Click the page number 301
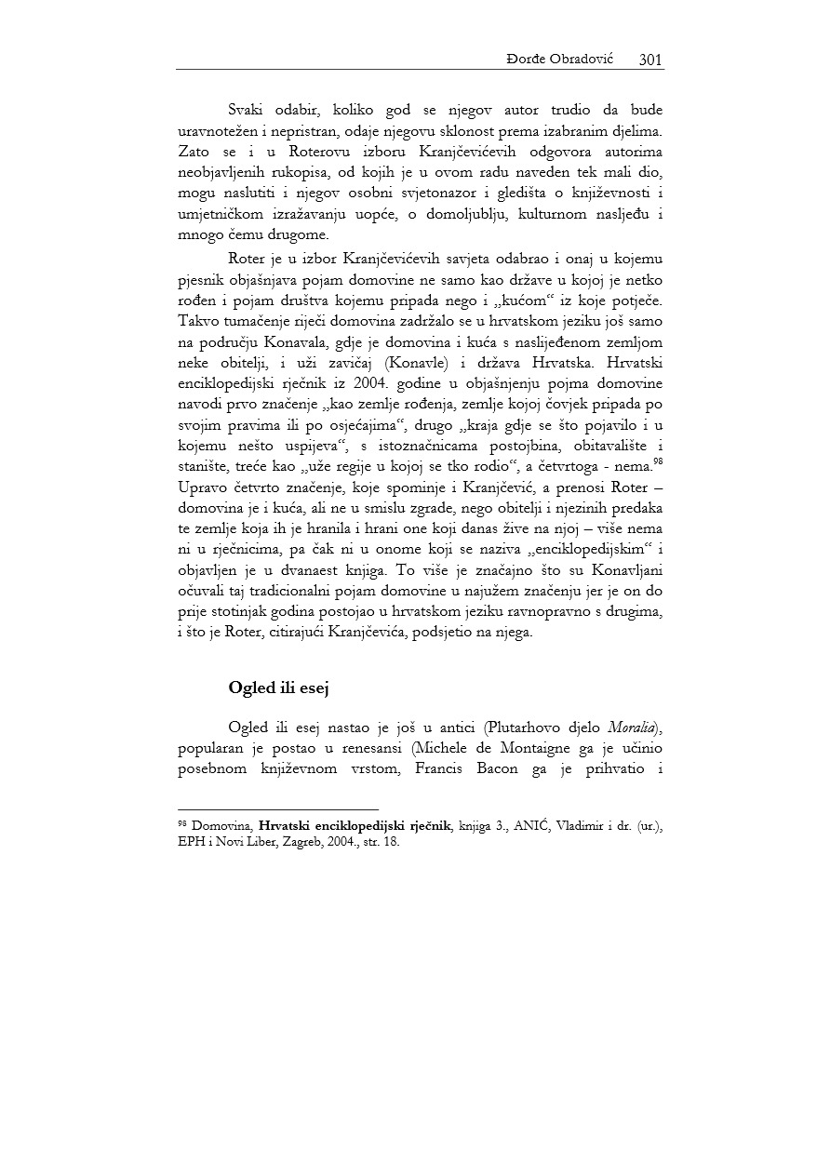(x=650, y=60)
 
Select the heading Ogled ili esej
(x=280, y=688)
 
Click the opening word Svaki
(x=247, y=112)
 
